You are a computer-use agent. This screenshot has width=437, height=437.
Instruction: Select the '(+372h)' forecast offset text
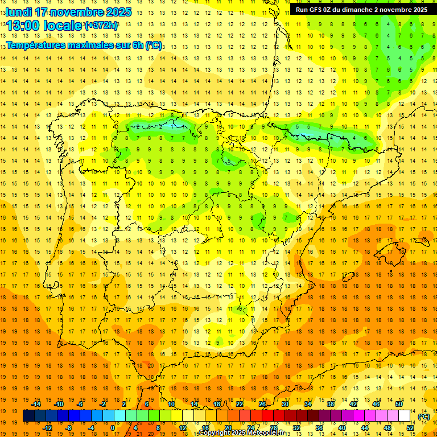[x=101, y=26]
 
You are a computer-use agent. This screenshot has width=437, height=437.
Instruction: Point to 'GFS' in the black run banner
[x=317, y=10]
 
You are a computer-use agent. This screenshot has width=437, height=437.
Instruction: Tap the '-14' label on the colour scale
[x=37, y=404]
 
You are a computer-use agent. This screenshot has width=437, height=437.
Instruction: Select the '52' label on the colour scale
[x=410, y=428]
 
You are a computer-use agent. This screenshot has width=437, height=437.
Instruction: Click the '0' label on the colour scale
[x=112, y=428]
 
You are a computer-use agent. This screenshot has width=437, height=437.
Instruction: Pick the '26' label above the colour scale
[x=262, y=404]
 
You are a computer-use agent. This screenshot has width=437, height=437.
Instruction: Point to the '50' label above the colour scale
[x=399, y=404]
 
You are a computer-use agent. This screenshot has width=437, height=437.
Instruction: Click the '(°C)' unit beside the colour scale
[x=424, y=417]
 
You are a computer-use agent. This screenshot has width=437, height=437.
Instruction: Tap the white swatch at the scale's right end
[x=404, y=416]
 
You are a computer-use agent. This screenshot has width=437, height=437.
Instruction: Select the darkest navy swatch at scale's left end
[x=28, y=416]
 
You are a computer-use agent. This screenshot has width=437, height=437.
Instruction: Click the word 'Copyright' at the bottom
[x=217, y=433]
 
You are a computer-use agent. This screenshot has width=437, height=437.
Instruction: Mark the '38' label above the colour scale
[x=330, y=404]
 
